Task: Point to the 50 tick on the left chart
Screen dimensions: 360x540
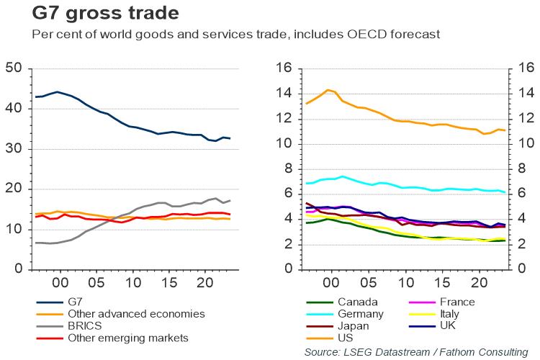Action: (x=14, y=69)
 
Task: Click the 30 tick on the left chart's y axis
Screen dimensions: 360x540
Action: (x=14, y=149)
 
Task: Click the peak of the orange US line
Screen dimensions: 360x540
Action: (x=328, y=90)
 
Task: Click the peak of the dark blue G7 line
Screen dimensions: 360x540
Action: (x=58, y=91)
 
